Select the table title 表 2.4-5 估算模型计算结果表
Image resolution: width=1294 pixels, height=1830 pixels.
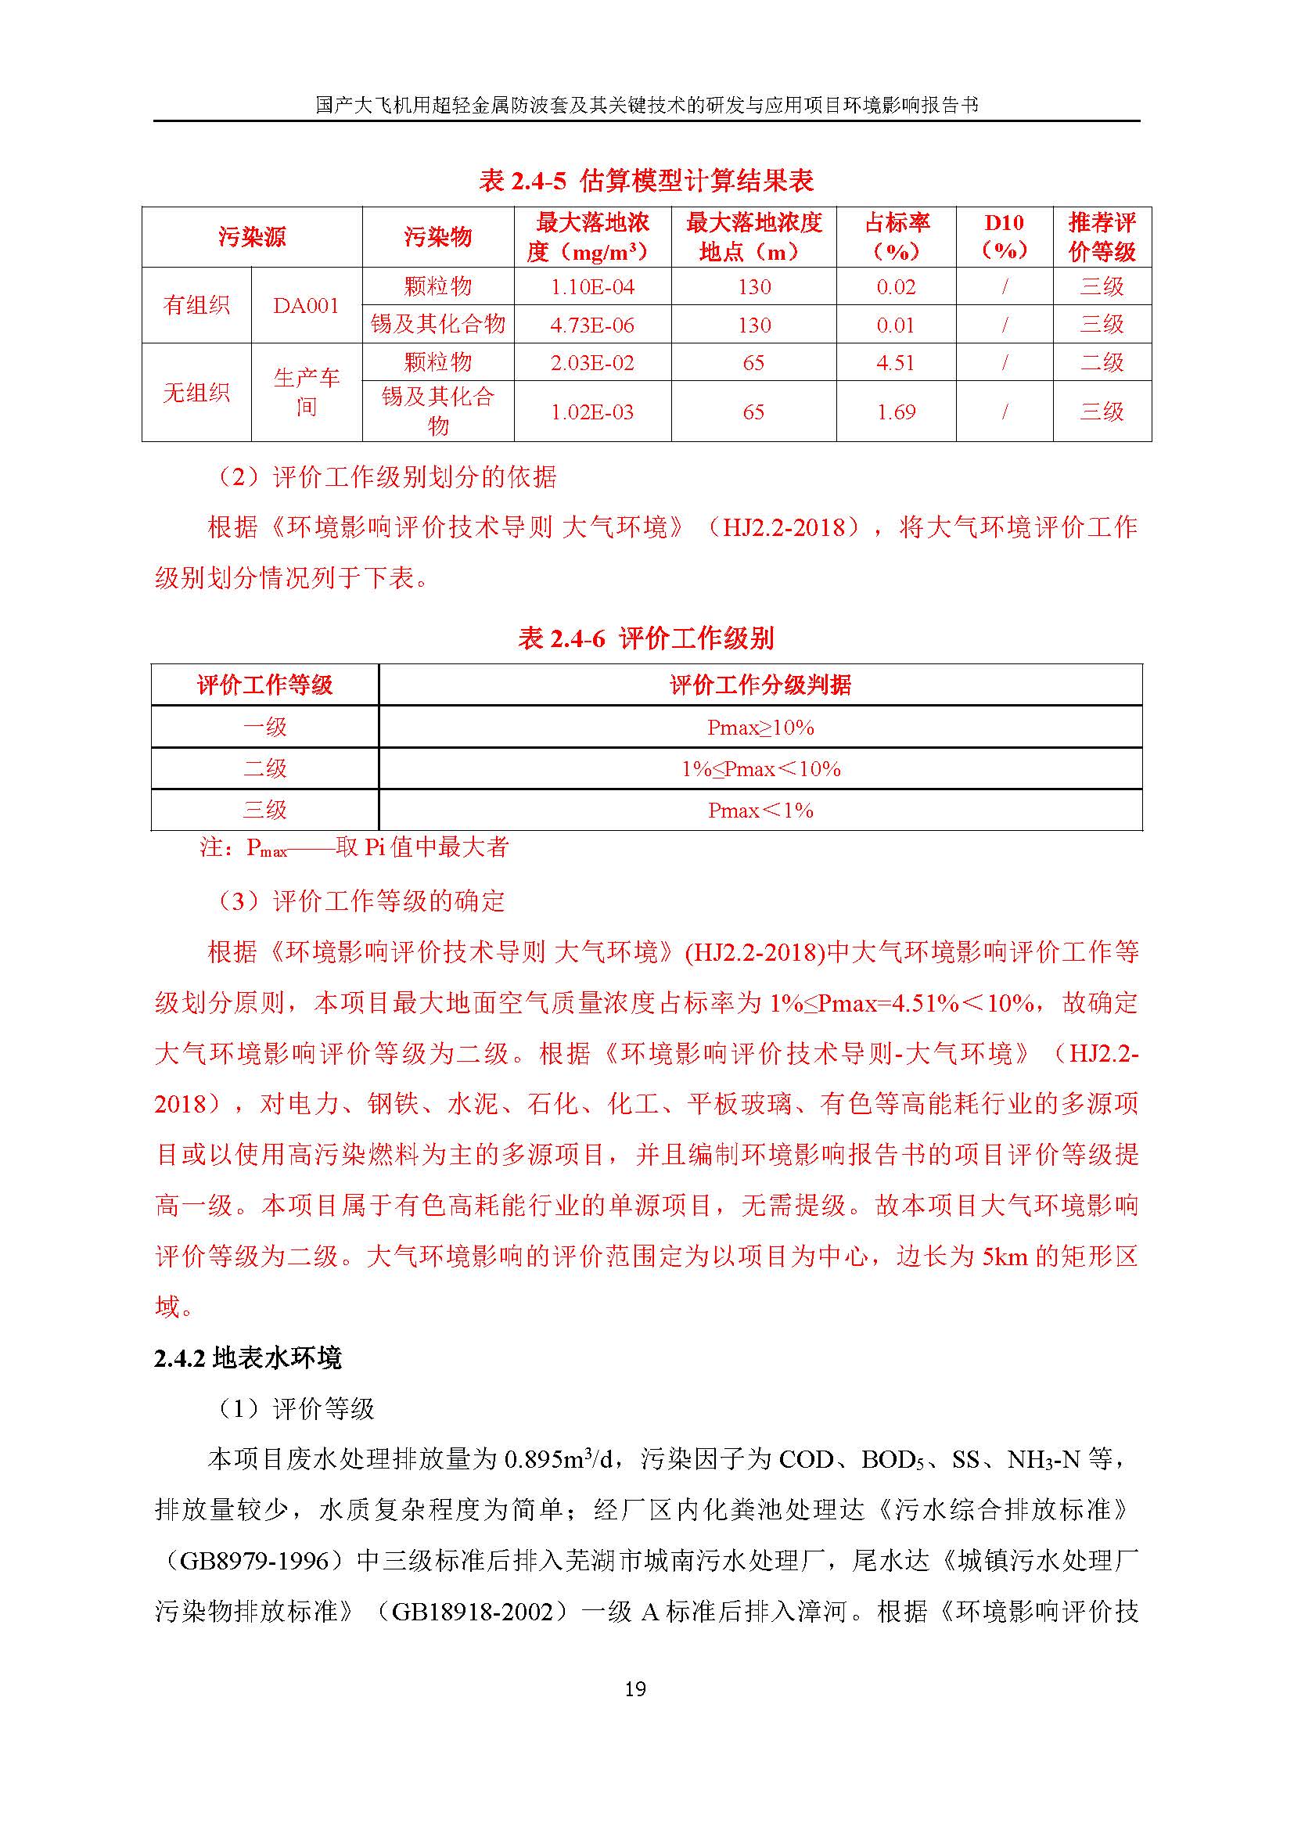646,181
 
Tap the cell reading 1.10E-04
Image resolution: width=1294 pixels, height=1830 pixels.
592,287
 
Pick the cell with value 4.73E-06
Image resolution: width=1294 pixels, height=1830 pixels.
592,325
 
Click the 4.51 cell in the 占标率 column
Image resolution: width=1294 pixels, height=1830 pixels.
896,364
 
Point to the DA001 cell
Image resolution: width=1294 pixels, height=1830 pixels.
306,306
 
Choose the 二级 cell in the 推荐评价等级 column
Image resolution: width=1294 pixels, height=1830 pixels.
1102,364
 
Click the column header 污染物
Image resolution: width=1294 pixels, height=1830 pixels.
437,237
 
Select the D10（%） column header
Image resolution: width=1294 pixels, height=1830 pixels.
1004,237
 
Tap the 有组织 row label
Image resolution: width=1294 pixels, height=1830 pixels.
196,306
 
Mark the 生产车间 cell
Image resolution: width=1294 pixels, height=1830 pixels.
306,392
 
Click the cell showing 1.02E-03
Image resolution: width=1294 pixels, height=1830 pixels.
592,412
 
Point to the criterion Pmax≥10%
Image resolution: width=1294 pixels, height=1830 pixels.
760,727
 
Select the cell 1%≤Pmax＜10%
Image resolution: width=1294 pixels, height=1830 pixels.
760,769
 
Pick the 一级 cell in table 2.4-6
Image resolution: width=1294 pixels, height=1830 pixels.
264,727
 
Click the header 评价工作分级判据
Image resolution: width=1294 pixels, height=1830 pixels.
760,685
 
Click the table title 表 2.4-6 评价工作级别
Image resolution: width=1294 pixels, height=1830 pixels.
646,638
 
